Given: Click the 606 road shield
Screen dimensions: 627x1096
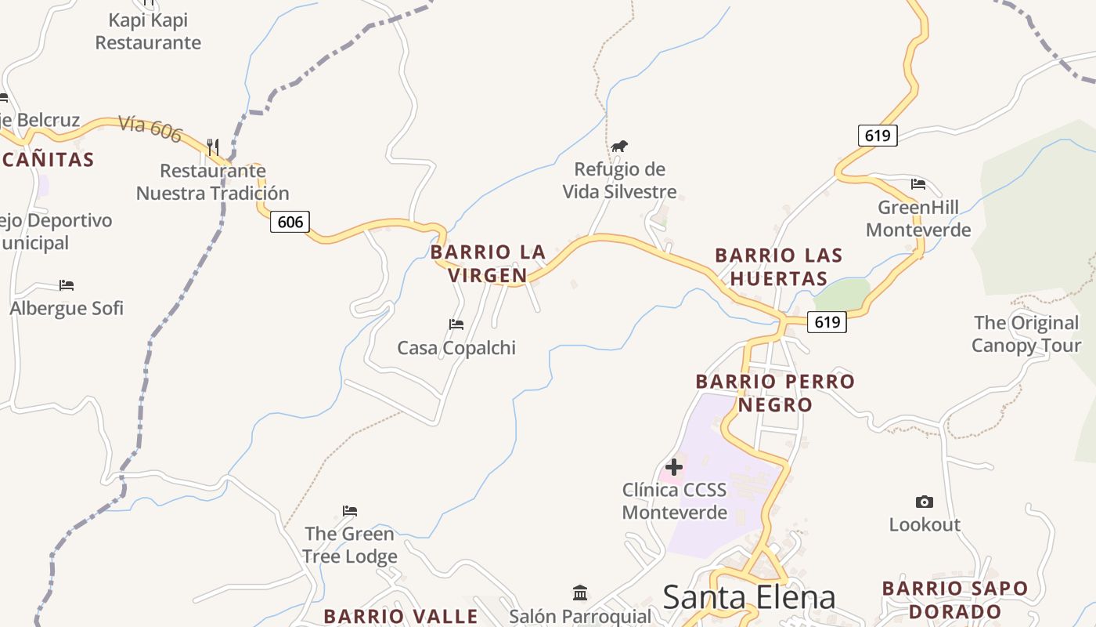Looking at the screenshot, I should point(290,222).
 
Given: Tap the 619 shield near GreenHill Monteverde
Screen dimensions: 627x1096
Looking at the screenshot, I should point(878,136).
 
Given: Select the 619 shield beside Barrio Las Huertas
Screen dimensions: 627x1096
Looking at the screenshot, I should point(827,321).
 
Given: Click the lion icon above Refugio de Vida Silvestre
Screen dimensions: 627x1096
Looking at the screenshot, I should point(619,146).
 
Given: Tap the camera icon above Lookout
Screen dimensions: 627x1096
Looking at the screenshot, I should point(924,502).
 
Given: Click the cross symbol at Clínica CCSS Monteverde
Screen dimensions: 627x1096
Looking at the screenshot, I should point(673,468).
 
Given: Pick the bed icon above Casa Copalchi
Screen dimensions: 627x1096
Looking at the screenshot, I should point(456,324).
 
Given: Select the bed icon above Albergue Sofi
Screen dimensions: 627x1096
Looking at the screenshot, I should point(67,285).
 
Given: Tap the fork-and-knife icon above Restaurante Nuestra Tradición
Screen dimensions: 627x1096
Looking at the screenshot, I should point(212,146).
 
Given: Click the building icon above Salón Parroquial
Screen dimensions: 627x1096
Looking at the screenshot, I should point(580,593).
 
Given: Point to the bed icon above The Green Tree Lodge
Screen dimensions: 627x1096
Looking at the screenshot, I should point(350,510).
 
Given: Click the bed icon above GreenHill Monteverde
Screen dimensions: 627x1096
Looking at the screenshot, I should point(918,184).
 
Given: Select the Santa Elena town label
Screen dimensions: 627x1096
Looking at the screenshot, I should point(748,597).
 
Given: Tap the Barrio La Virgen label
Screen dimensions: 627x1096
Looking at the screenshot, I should point(488,263).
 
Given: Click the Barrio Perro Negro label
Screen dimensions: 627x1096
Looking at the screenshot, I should point(775,393).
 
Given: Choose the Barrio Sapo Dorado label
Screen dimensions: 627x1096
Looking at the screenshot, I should point(954,600).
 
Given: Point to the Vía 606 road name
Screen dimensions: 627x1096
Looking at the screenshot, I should point(150,129).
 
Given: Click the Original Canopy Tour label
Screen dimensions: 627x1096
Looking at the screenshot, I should point(1026,334).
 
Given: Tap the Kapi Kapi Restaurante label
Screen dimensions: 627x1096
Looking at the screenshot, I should point(148,31).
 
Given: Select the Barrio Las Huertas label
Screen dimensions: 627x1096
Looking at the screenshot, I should point(779,266).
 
